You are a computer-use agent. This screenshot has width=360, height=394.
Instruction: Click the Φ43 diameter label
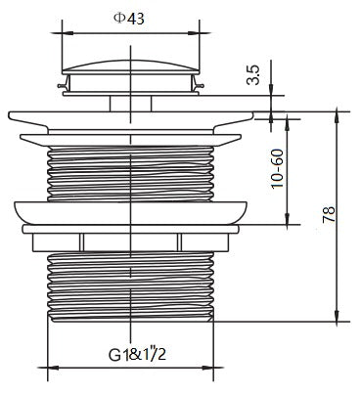[128, 19]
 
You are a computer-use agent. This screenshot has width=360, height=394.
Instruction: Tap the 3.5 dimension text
[253, 75]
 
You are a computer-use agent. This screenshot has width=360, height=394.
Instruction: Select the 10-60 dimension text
[278, 168]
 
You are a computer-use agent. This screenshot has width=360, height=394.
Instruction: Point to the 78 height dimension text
[329, 214]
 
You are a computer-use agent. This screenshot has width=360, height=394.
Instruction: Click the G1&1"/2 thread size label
[137, 354]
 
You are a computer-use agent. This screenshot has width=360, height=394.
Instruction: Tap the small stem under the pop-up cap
[130, 104]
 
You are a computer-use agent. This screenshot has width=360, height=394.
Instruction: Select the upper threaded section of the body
[130, 174]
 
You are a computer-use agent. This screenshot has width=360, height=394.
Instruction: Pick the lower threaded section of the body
[130, 286]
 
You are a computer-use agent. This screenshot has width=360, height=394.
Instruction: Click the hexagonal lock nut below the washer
[130, 242]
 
